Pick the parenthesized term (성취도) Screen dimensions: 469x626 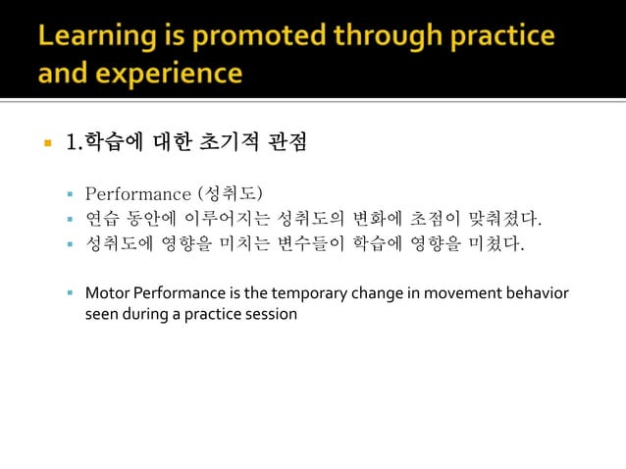[230, 189]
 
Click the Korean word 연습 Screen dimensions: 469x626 [103, 216]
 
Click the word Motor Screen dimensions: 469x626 [105, 293]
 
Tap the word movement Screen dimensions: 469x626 [458, 293]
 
